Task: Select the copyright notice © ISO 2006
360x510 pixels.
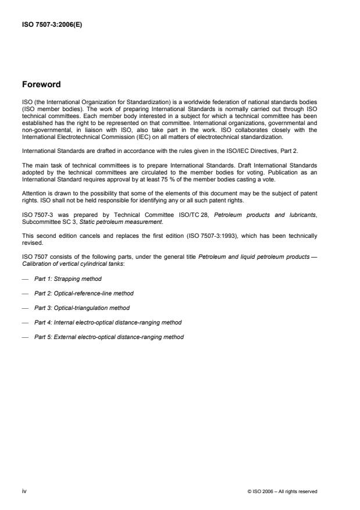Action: coord(282,491)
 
